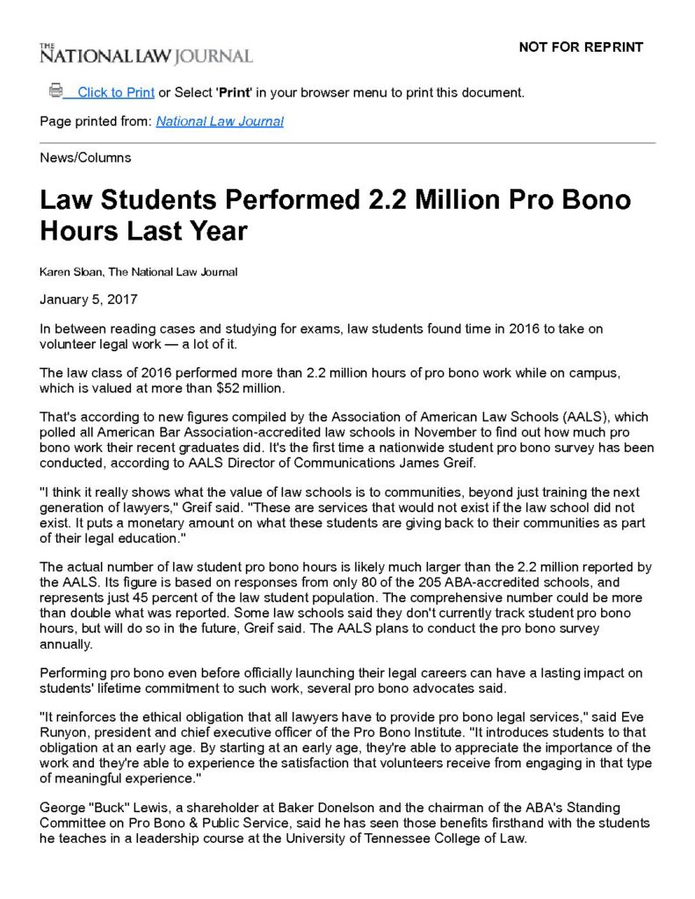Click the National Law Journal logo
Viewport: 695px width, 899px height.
click(x=146, y=54)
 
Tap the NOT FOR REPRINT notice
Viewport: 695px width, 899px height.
click(x=581, y=47)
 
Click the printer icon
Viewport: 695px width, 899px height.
click(x=56, y=90)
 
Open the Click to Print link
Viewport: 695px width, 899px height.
click(x=115, y=92)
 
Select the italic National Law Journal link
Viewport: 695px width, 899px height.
click(x=220, y=121)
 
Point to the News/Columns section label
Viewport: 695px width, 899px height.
click(x=85, y=158)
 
